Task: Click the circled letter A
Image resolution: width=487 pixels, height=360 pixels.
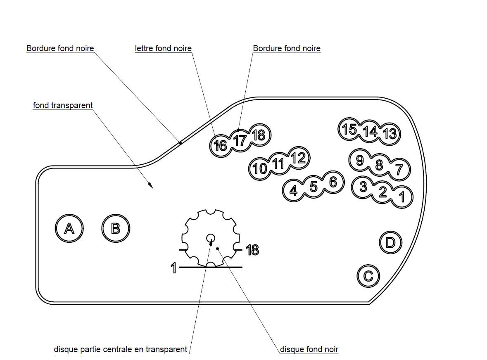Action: pyautogui.click(x=69, y=228)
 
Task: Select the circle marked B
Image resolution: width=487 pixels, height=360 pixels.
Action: pyautogui.click(x=116, y=228)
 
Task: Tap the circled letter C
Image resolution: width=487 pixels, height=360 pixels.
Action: pyautogui.click(x=368, y=275)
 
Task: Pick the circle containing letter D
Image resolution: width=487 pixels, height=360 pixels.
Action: pyautogui.click(x=390, y=242)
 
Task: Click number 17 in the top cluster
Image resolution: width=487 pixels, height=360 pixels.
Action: pyautogui.click(x=240, y=140)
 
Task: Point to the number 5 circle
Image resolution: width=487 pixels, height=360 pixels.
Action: pyautogui.click(x=314, y=187)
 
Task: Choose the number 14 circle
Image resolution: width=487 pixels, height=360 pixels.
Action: pyautogui.click(x=370, y=132)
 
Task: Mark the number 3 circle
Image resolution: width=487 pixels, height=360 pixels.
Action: pyautogui.click(x=363, y=187)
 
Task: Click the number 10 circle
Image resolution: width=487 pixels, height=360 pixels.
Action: pyautogui.click(x=260, y=168)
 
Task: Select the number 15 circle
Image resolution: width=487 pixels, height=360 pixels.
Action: pyautogui.click(x=349, y=129)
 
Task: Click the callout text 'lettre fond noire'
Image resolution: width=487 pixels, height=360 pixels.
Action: pyautogui.click(x=163, y=49)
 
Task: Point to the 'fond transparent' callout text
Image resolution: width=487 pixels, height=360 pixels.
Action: pyautogui.click(x=63, y=105)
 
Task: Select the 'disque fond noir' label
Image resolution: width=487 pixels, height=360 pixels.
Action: pyautogui.click(x=309, y=350)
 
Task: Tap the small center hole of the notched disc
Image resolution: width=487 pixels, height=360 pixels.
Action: pyautogui.click(x=210, y=238)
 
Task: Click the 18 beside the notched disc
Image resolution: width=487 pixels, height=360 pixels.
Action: pyautogui.click(x=252, y=250)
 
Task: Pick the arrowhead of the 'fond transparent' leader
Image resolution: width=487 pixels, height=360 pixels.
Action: pyautogui.click(x=151, y=186)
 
